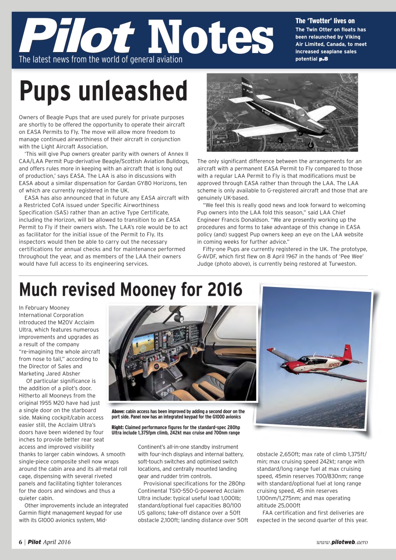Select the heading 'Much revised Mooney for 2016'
click(130, 289)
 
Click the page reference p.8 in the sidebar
click(323, 59)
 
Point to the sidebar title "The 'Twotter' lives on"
click(325, 21)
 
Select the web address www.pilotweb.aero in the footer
click(342, 542)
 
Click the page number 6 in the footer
click(21, 542)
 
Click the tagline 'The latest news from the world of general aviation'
click(100, 59)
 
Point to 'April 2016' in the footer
click(56, 542)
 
